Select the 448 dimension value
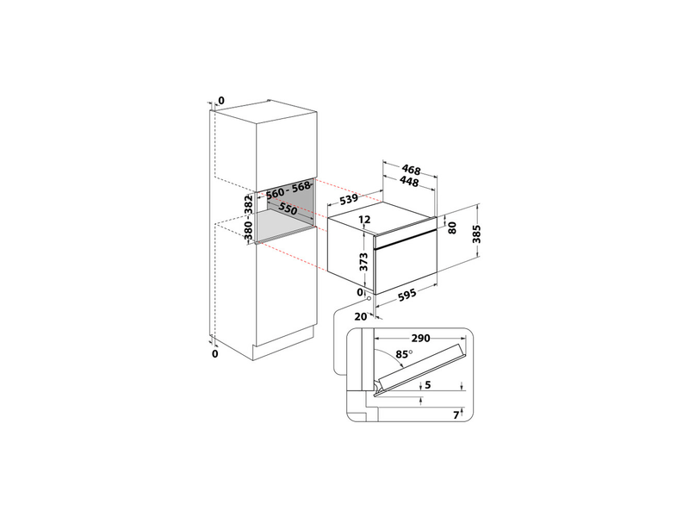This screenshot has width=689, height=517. click(x=408, y=182)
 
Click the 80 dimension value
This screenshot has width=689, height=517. click(x=452, y=230)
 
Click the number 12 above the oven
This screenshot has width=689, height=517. click(x=363, y=221)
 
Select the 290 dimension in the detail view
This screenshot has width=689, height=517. click(x=419, y=338)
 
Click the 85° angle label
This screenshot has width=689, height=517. click(x=403, y=353)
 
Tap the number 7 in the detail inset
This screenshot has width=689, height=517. click(x=457, y=415)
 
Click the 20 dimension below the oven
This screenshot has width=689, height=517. click(x=362, y=316)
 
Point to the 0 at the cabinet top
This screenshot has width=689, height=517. click(x=220, y=101)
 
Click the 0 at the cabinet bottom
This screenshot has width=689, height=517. click(x=215, y=353)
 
